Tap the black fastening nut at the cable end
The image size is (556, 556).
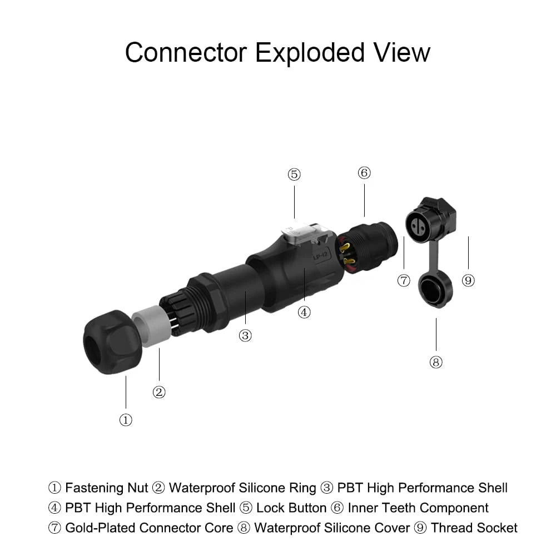click(x=113, y=342)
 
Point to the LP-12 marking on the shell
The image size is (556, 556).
click(x=321, y=255)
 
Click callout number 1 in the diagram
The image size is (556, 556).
click(x=126, y=420)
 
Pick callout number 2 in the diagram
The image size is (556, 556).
click(x=159, y=392)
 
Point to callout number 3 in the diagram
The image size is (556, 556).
click(x=245, y=335)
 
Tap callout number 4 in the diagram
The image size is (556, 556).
click(x=304, y=312)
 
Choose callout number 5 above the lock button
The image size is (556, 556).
click(x=294, y=175)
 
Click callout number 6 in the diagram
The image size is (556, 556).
click(x=364, y=173)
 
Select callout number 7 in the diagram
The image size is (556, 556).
click(x=404, y=280)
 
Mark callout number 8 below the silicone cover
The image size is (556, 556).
click(x=436, y=362)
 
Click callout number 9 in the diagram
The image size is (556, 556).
click(x=468, y=280)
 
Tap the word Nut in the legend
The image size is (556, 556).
click(x=137, y=488)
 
